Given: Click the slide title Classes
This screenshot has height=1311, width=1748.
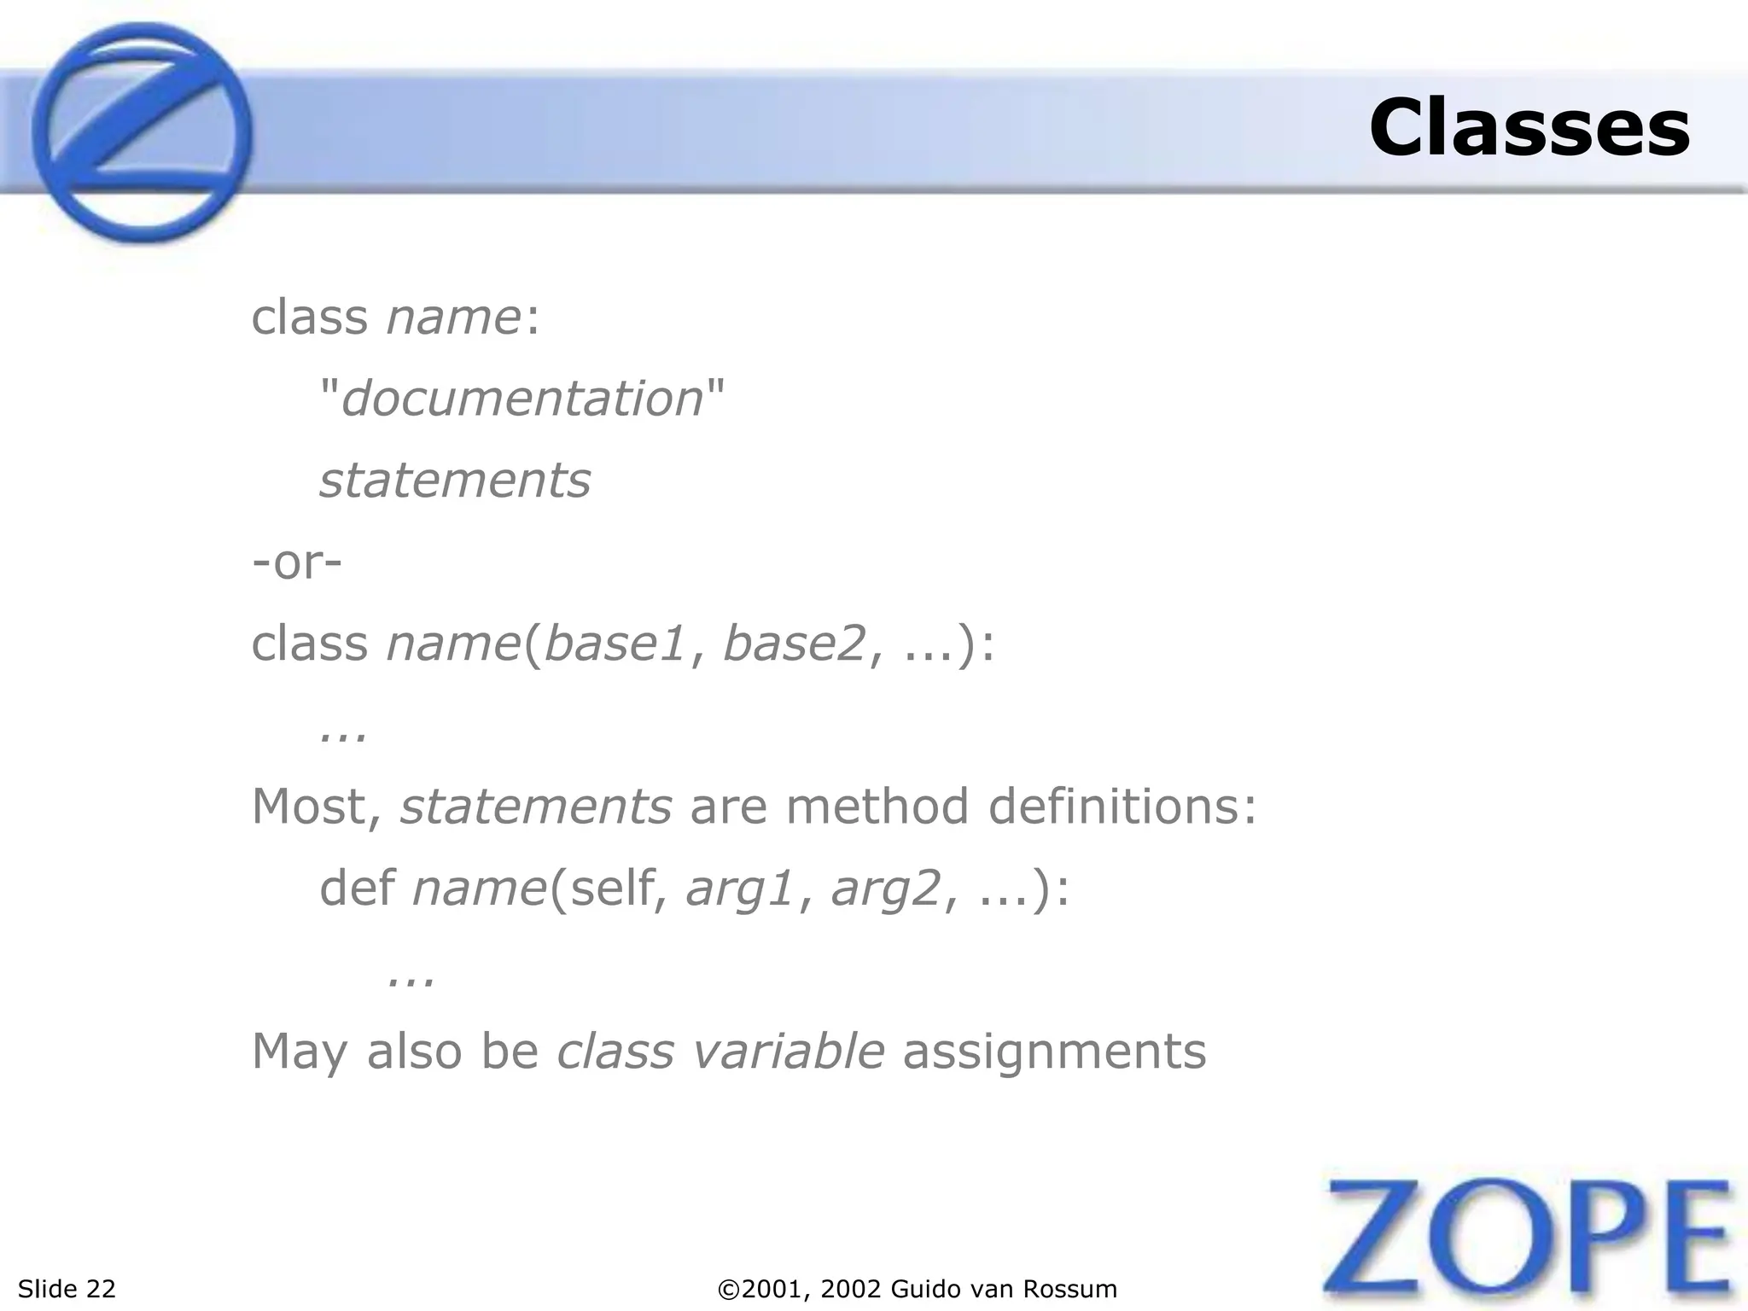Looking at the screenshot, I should click(x=1529, y=128).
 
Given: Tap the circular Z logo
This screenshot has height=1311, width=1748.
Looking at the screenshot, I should click(x=143, y=132).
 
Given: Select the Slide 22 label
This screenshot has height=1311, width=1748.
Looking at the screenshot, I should click(x=67, y=1288).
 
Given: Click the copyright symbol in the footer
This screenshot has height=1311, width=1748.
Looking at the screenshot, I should click(x=729, y=1289).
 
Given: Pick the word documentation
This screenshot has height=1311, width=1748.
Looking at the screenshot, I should click(x=521, y=399).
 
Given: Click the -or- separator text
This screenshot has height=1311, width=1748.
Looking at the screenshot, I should click(x=297, y=562).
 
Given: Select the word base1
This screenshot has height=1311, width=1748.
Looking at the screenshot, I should click(x=615, y=644).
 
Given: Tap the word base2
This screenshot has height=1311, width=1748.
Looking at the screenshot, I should click(x=795, y=644).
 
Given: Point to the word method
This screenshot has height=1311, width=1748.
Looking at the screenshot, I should click(x=877, y=807).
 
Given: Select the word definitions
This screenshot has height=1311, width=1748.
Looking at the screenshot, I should click(x=1122, y=807).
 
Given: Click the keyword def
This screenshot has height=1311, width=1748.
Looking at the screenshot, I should click(x=357, y=889).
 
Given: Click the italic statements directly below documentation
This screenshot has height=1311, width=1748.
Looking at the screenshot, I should click(x=455, y=481).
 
